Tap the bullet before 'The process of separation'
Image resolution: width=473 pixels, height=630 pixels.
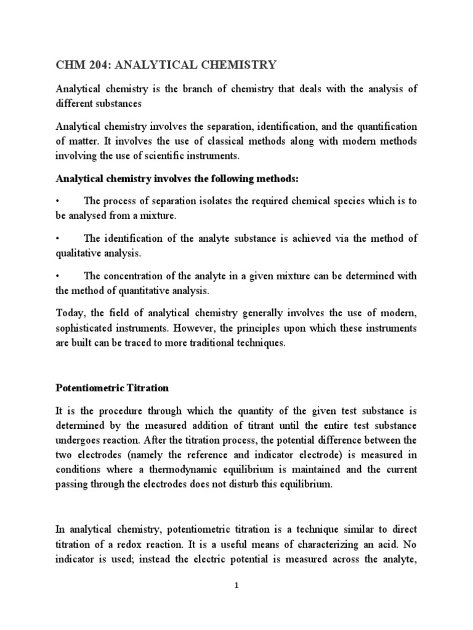pyautogui.click(x=57, y=201)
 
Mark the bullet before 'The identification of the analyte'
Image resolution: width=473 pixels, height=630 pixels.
pyautogui.click(x=57, y=239)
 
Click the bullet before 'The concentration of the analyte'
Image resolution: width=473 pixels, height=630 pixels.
pyautogui.click(x=57, y=276)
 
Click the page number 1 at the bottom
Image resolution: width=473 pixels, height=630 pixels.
pyautogui.click(x=236, y=586)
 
